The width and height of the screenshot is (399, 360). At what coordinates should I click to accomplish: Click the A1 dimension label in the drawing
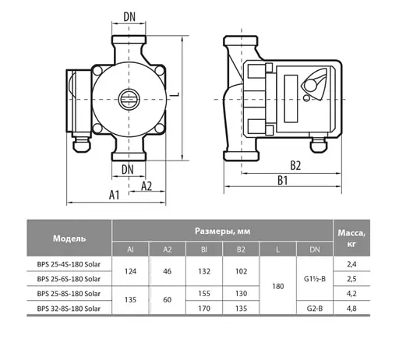pyautogui.click(x=114, y=195)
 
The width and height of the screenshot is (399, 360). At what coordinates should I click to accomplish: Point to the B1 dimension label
pyautogui.click(x=281, y=181)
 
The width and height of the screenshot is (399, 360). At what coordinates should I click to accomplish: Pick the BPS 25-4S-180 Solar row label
pyautogui.click(x=69, y=264)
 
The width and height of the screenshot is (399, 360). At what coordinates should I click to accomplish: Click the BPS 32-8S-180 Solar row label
pyautogui.click(x=69, y=309)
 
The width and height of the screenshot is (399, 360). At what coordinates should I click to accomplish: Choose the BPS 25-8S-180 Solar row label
pyautogui.click(x=69, y=294)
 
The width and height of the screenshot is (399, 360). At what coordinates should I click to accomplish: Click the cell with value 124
pyautogui.click(x=131, y=271)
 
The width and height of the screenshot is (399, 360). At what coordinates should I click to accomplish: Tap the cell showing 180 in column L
pyautogui.click(x=278, y=286)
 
